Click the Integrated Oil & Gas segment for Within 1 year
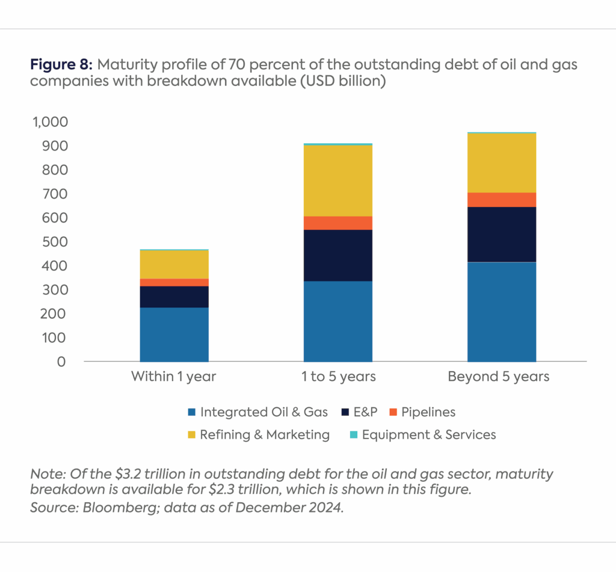174,334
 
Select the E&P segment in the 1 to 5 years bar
337,255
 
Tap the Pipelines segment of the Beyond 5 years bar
501,200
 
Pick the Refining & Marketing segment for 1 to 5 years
337,180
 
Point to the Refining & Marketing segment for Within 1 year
174,264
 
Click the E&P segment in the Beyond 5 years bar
501,235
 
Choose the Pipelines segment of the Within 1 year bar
174,282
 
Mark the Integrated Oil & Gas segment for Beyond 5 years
501,312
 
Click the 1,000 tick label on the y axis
51,122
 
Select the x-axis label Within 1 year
174,377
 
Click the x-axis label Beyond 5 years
499,377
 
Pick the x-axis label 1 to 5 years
337,377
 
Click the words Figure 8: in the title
61,64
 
